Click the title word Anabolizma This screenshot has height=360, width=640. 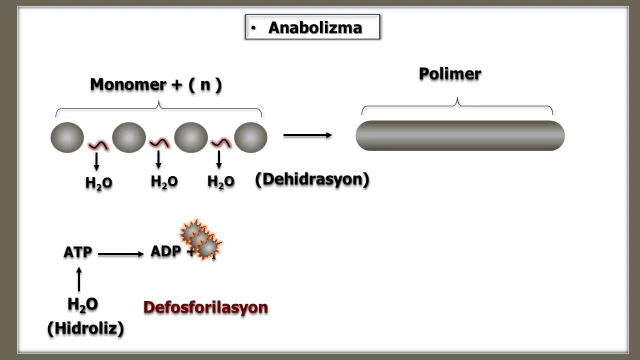(x=314, y=27)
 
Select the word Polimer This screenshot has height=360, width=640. (x=449, y=74)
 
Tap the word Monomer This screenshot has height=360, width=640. (x=127, y=84)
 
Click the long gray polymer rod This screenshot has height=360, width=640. (x=460, y=135)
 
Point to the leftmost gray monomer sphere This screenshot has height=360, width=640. (x=67, y=137)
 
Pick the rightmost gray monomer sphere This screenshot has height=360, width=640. (x=250, y=137)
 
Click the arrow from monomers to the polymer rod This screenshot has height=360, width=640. (x=307, y=135)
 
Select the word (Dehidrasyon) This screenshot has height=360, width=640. (x=312, y=179)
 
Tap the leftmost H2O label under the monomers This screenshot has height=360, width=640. (x=98, y=183)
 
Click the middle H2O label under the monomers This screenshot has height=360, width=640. (x=164, y=181)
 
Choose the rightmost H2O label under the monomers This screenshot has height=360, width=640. (x=220, y=181)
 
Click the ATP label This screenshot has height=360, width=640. (x=78, y=252)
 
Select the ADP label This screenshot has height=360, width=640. (x=165, y=251)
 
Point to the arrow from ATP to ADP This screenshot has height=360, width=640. (x=120, y=254)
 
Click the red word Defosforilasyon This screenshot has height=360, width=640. (x=205, y=307)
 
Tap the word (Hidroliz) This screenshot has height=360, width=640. (x=85, y=328)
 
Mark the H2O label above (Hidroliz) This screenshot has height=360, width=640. (x=82, y=304)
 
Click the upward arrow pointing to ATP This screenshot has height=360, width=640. (x=78, y=279)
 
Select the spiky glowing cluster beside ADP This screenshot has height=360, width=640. (x=200, y=239)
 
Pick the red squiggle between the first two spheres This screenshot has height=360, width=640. (x=98, y=144)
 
